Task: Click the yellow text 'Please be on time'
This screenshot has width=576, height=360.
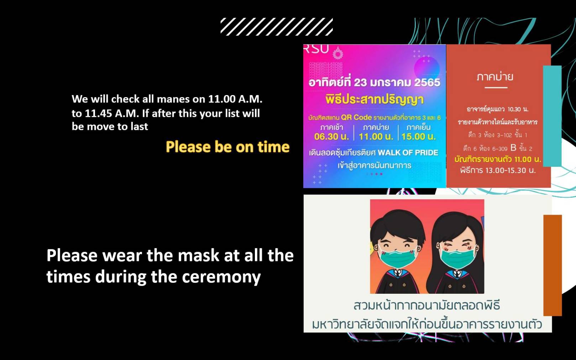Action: (227, 147)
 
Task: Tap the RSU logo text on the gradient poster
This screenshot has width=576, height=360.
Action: (316, 49)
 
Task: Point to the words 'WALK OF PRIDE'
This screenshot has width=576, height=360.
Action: (408, 152)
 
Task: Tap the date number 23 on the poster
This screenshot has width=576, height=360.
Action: (360, 83)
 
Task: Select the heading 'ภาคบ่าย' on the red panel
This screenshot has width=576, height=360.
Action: (495, 77)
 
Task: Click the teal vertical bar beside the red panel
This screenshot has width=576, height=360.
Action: (552, 116)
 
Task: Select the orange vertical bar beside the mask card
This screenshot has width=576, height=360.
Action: (553, 265)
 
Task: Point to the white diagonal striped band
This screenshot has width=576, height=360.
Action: (277, 27)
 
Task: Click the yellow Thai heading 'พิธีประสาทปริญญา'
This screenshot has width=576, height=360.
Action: (375, 100)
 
